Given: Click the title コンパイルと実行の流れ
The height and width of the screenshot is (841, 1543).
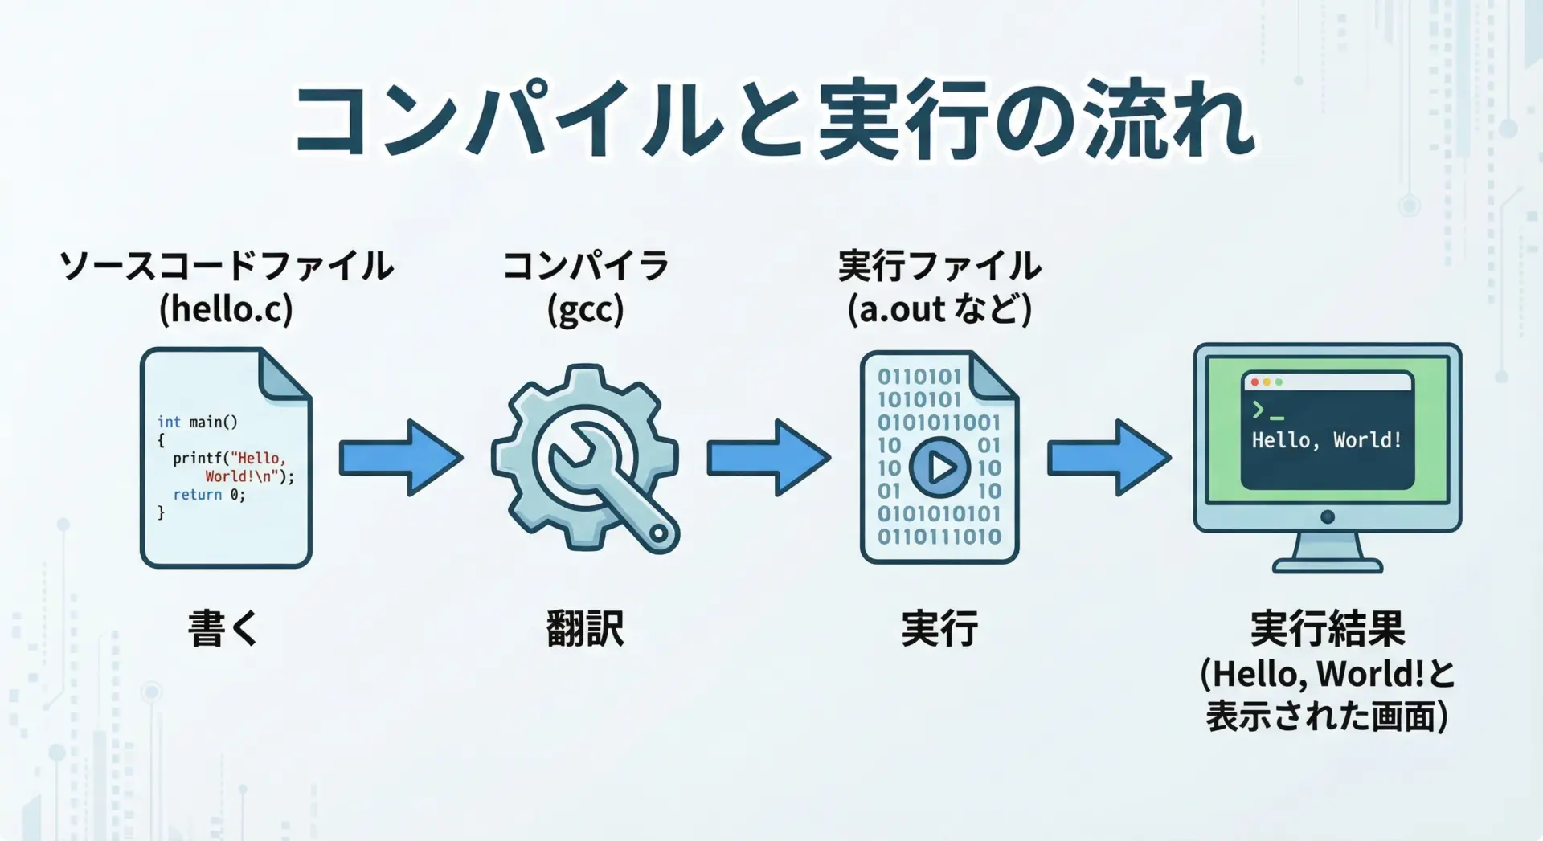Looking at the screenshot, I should tap(773, 120).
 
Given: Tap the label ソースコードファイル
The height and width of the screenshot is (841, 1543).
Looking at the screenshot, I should tap(226, 266).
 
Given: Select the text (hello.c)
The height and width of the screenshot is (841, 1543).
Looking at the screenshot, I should tap(226, 309).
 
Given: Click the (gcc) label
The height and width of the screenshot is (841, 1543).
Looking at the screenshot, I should tap(585, 309).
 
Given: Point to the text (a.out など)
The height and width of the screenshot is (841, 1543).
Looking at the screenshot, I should tap(939, 309).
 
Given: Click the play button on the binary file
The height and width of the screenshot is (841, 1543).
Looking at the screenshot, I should tap(939, 467).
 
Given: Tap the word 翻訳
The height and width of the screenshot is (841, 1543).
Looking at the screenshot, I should tap(585, 628).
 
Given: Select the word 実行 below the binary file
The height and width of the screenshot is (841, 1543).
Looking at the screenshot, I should tap(939, 628).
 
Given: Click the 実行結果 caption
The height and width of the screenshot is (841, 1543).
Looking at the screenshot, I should tap(1327, 628).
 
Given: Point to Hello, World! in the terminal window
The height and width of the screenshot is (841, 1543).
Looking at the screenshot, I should tap(1326, 440).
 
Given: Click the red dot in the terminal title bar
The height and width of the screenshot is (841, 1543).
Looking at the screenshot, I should tap(1255, 382).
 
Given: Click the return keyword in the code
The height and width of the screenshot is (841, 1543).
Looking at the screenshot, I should tap(197, 495).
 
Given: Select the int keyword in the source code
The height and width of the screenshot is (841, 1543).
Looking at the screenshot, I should tap(169, 422).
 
